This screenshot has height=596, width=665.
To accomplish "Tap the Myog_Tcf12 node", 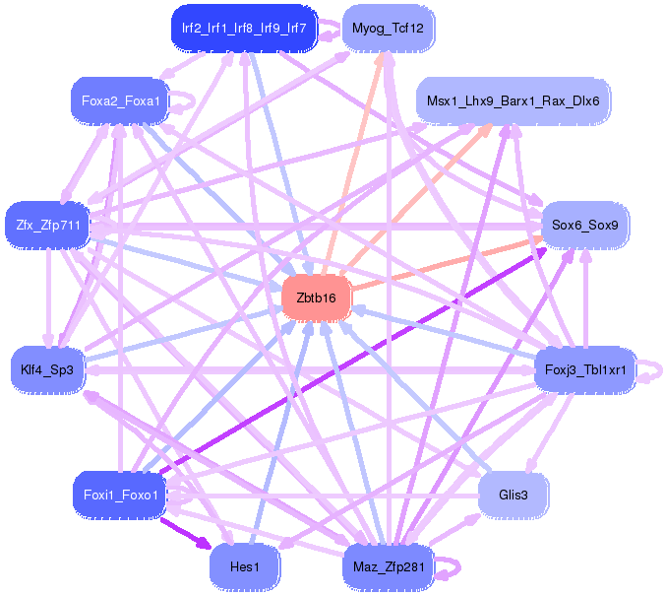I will coord(388,29).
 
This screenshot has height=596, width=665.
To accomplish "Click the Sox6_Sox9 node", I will coord(584,226).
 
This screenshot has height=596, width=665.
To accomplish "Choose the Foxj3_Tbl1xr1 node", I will coord(585,370).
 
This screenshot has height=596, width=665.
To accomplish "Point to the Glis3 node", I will coord(513,495).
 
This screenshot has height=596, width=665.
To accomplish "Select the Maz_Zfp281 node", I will coord(388,566).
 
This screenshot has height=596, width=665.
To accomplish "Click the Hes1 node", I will coord(244,566).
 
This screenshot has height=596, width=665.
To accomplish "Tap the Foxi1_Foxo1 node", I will coord(119,495).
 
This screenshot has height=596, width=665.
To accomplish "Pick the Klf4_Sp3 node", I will coord(47,370).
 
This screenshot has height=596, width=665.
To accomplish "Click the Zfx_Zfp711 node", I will coord(47,226).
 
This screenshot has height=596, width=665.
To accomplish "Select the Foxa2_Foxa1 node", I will coord(119,100).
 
